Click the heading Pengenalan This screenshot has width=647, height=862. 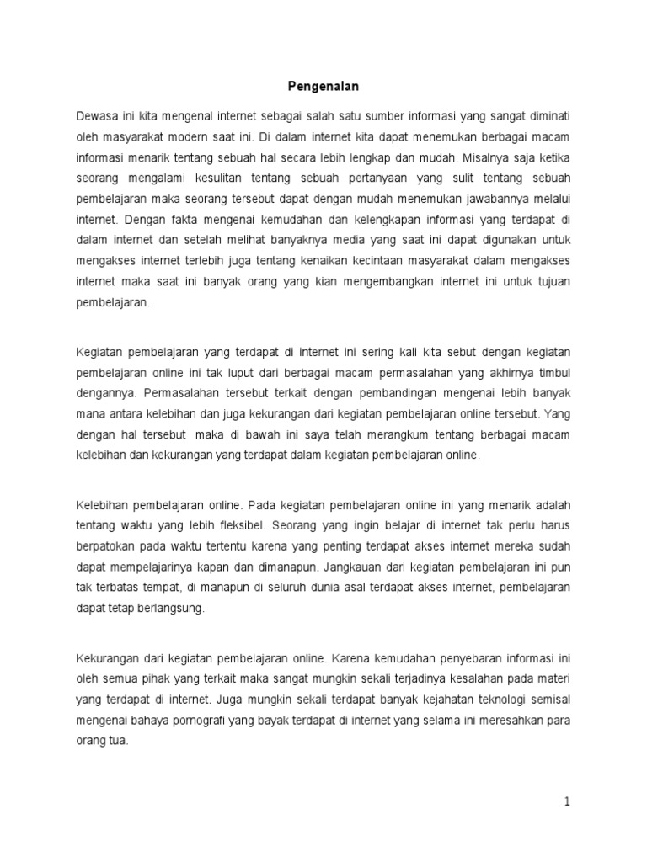323,86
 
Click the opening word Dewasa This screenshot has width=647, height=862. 98,114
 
